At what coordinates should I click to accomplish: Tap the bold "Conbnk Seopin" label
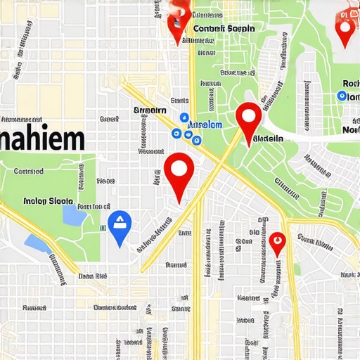(x=223, y=28)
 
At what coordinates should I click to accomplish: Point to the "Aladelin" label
(x=268, y=139)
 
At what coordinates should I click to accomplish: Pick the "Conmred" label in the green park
(x=29, y=171)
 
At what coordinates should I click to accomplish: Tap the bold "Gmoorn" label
(x=150, y=110)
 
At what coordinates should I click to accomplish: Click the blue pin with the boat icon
(x=120, y=226)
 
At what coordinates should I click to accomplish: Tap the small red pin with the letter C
(x=278, y=243)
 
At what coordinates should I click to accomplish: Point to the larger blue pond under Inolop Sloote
(x=72, y=215)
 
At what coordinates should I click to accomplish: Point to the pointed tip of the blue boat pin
(x=120, y=247)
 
